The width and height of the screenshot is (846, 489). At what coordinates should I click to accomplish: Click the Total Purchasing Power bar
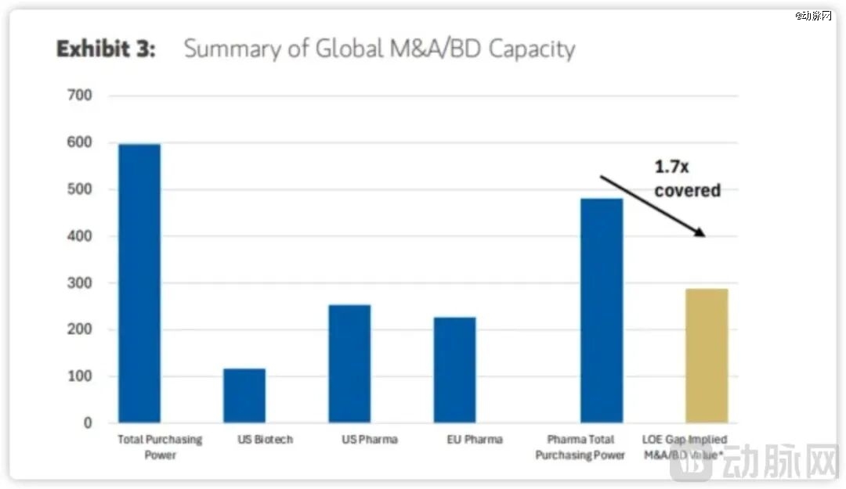click(139, 283)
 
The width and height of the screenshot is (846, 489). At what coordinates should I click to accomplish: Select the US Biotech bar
click(244, 395)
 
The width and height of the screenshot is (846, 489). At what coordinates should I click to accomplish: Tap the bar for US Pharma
click(349, 364)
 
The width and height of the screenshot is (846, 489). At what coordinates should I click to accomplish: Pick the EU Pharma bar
click(454, 370)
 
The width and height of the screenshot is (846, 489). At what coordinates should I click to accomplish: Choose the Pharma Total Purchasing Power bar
click(602, 311)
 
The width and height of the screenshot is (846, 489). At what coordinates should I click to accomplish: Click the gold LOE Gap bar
click(707, 355)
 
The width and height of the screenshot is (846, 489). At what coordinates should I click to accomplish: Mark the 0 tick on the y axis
click(88, 423)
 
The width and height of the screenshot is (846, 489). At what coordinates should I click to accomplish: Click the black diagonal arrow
click(652, 206)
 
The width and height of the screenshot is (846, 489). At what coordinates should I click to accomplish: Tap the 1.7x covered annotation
click(687, 179)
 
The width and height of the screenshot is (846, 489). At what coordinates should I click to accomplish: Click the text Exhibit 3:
click(106, 49)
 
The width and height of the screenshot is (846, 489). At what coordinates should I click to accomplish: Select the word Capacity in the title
click(532, 49)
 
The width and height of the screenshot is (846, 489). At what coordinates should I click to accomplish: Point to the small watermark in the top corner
click(814, 16)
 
